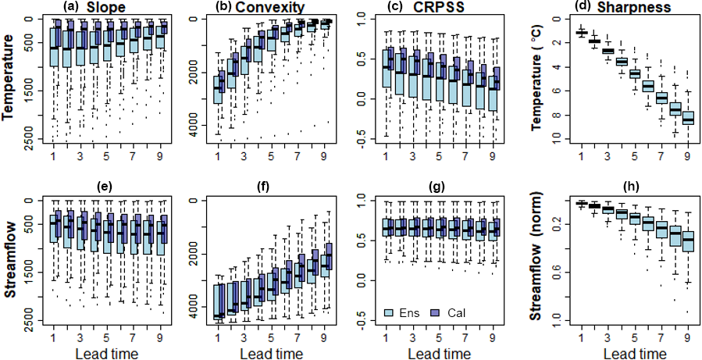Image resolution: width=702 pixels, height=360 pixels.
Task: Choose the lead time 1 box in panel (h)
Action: pyautogui.click(x=581, y=204)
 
